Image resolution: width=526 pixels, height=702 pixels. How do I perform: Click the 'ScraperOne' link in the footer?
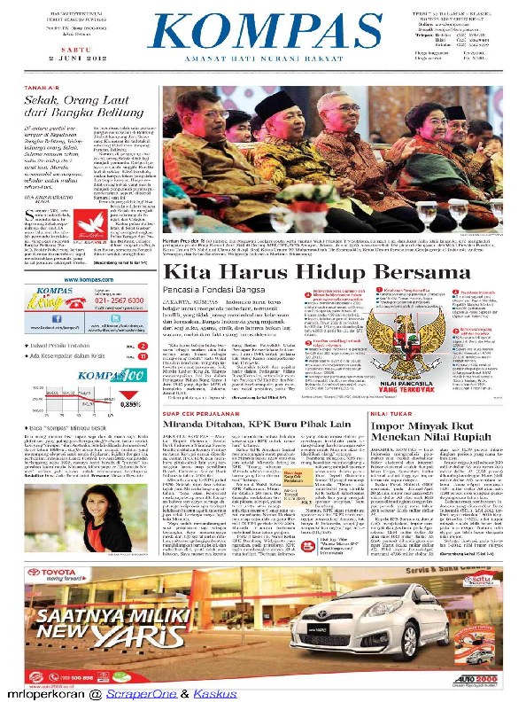click(x=135, y=694)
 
